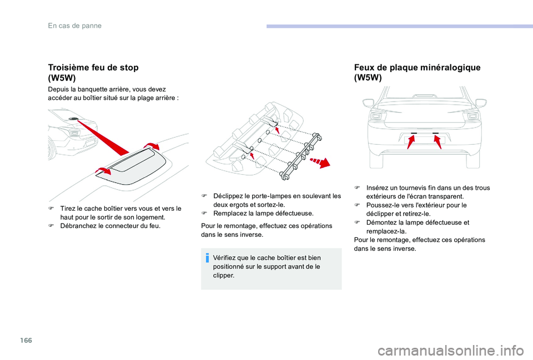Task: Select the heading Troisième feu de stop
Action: [x=93, y=67]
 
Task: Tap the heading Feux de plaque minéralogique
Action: [x=417, y=67]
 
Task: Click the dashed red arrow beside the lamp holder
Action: [x=319, y=162]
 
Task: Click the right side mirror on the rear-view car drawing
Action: [x=481, y=103]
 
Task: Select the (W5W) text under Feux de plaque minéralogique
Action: [x=368, y=78]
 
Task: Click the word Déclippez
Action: [x=229, y=196]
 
